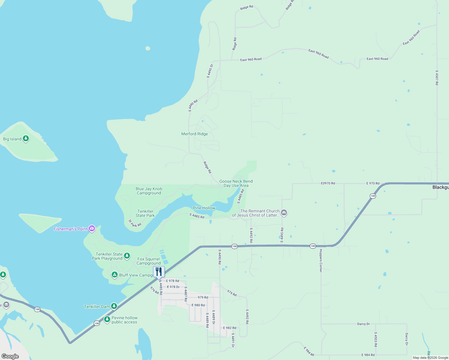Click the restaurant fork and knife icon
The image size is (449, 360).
point(159,271)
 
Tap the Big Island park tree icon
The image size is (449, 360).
point(26,139)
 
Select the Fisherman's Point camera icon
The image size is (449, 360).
point(92,229)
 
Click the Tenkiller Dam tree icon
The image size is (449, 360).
point(114,306)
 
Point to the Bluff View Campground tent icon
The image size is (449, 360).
point(114,275)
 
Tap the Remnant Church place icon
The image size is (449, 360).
point(284,213)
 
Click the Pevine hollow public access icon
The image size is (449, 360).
point(107,319)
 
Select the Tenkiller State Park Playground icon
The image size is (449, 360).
point(127,256)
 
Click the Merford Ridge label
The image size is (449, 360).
point(194,134)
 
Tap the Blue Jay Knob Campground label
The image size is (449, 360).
point(149,191)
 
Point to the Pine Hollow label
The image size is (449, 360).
point(204,208)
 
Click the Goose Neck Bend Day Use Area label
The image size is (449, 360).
point(236,183)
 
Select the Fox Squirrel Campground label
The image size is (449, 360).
point(149,261)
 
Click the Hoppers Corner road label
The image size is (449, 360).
point(321,260)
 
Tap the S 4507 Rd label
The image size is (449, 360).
point(437,78)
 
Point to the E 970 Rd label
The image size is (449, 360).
point(373,183)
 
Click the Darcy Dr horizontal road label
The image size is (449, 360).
point(363,324)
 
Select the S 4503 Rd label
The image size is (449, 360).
point(375,339)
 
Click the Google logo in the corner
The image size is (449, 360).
point(10,356)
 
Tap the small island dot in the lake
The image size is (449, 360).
point(148,48)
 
